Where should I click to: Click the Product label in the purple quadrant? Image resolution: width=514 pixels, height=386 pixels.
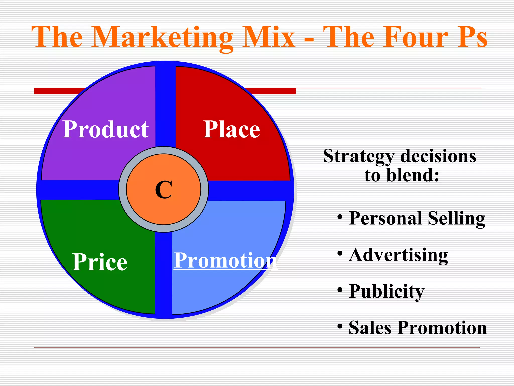(x=105, y=129)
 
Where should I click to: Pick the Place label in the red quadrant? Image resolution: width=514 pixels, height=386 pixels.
(x=231, y=129)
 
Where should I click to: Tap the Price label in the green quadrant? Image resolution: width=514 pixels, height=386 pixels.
(x=100, y=262)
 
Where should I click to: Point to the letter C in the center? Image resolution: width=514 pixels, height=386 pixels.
(x=164, y=190)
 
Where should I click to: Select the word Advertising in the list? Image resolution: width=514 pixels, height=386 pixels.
(x=398, y=255)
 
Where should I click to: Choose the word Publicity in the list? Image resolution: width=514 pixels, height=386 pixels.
(x=387, y=292)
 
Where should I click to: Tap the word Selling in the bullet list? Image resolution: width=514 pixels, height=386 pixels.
(x=456, y=218)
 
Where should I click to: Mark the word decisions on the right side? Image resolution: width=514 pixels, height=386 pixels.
(x=438, y=156)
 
